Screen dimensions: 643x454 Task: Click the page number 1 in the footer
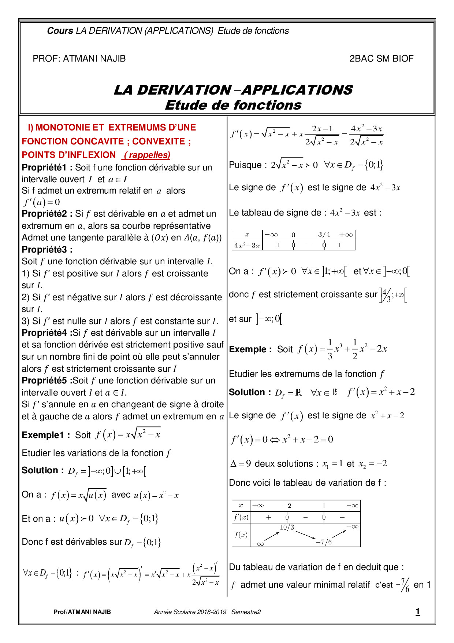[417, 611]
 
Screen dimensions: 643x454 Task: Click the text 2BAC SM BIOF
[381, 59]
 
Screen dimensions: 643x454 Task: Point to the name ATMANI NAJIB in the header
[94, 59]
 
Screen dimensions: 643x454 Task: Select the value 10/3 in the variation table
[287, 528]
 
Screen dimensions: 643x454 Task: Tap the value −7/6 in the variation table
[324, 542]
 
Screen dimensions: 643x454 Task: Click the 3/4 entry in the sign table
[324, 235]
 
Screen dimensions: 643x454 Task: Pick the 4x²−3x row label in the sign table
[247, 245]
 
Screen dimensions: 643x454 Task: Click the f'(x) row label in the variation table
[241, 517]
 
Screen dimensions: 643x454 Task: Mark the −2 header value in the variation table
[287, 506]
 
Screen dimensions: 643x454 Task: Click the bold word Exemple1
[43, 435]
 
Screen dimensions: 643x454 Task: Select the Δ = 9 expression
[240, 464]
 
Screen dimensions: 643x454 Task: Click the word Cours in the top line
[60, 31]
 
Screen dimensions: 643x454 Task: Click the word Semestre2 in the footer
[246, 612]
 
